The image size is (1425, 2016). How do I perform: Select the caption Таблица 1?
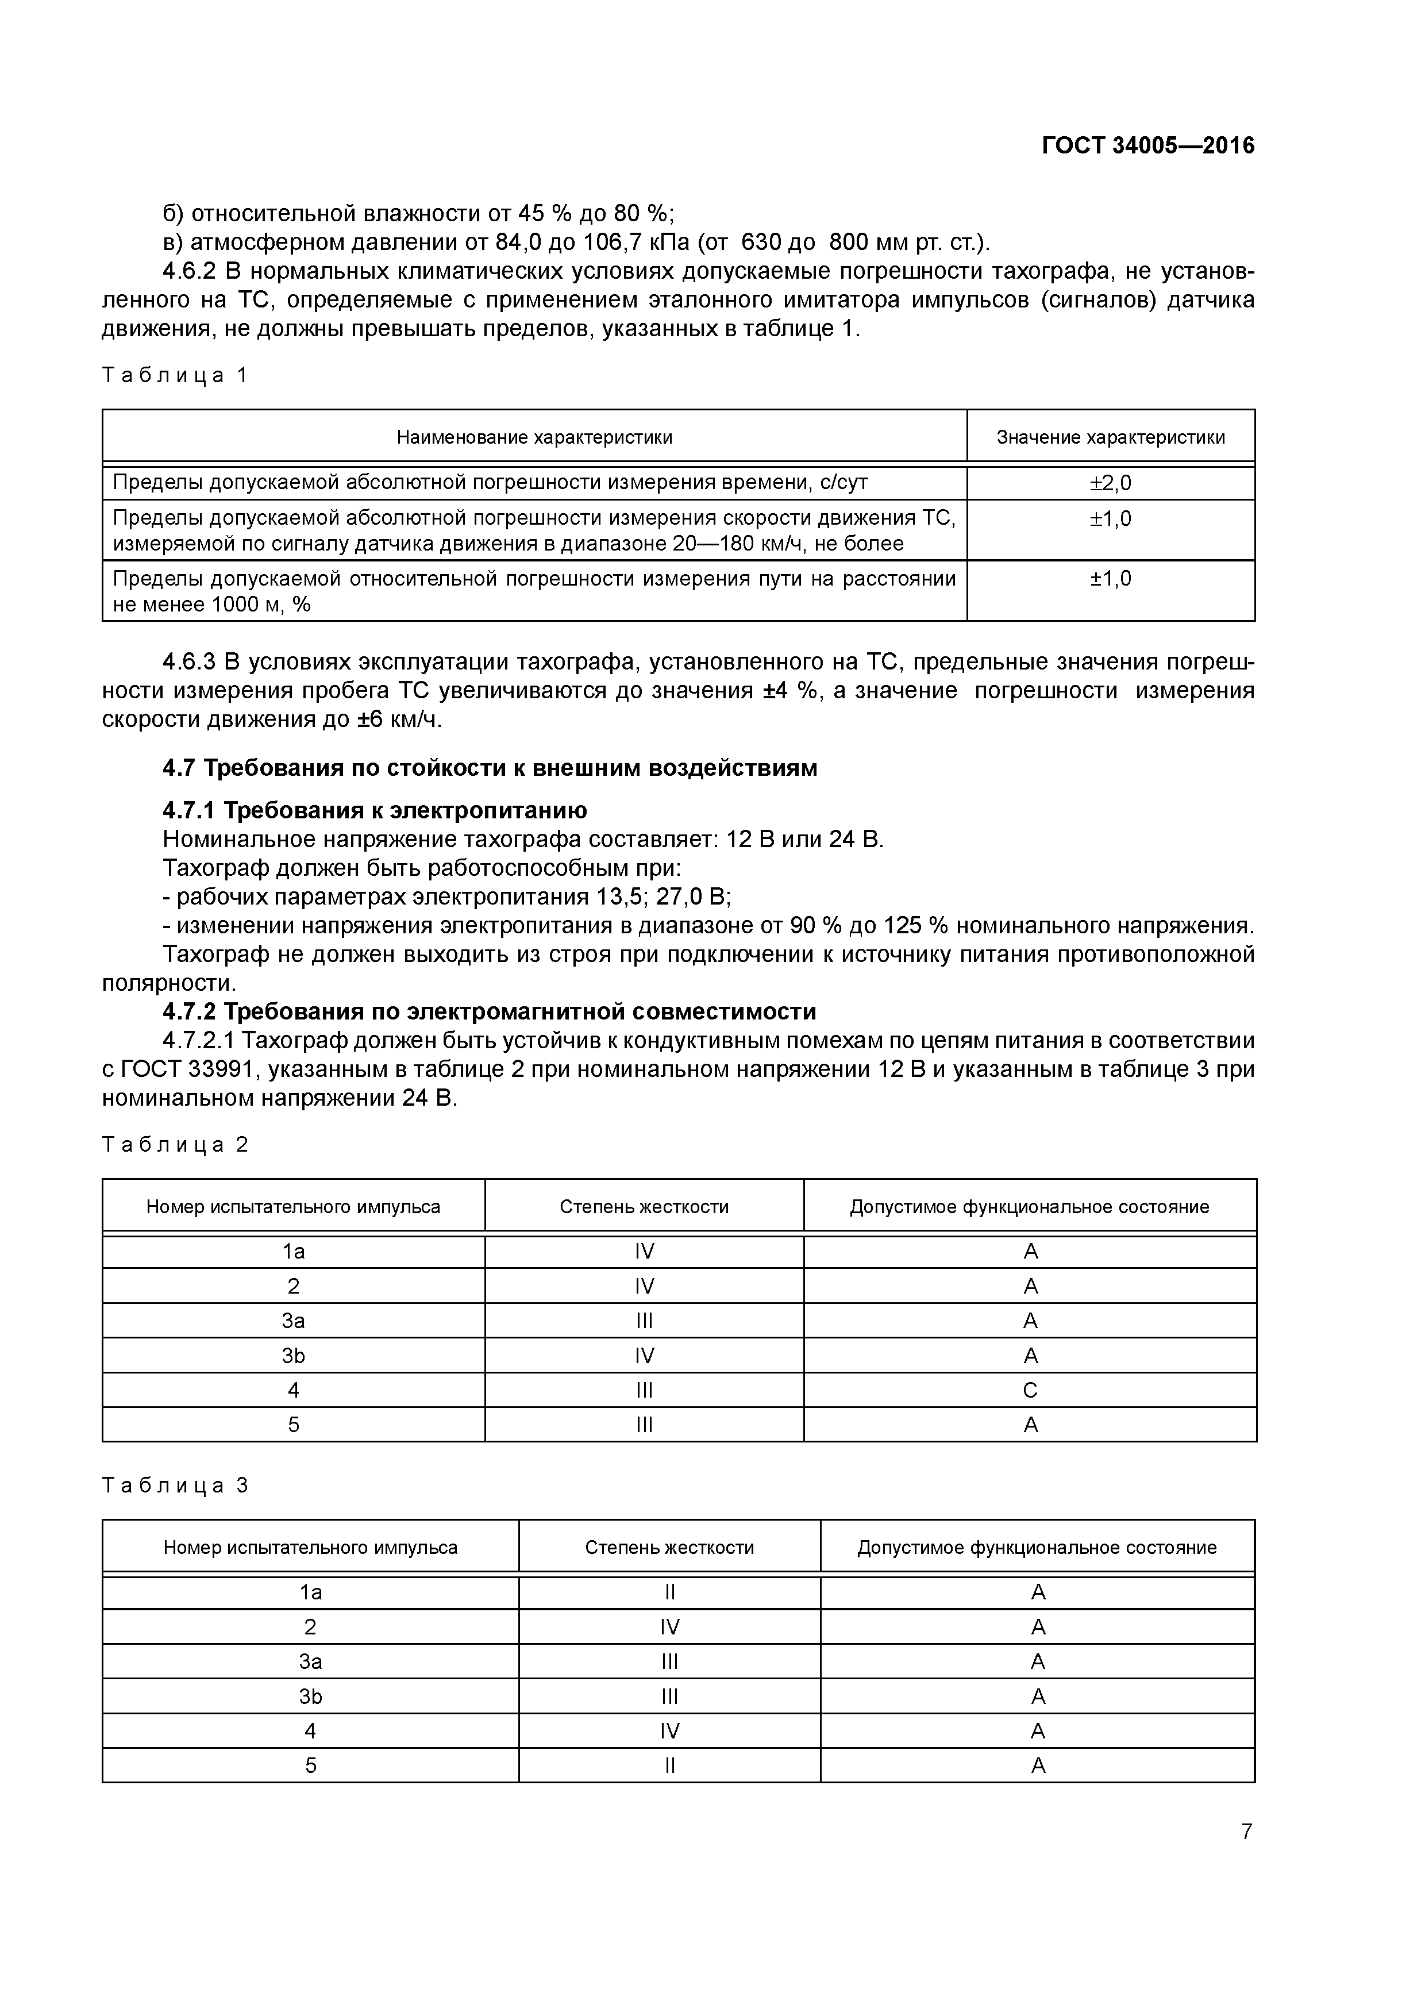pos(175,376)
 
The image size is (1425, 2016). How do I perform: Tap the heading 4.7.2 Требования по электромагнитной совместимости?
pos(489,1011)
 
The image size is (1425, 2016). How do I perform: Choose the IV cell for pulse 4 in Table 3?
pos(669,1730)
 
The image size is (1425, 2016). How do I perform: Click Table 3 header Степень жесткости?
pos(669,1547)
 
